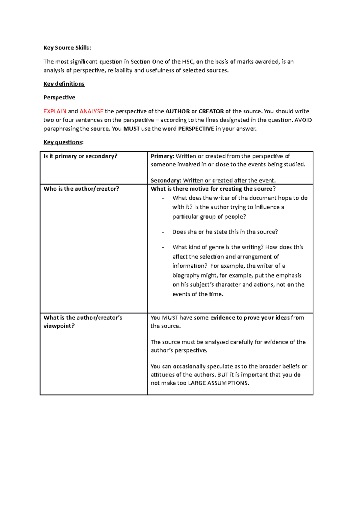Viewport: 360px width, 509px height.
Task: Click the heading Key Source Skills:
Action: (x=67, y=48)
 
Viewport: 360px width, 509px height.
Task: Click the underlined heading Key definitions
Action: (x=64, y=84)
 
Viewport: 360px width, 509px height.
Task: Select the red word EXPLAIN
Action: (x=55, y=111)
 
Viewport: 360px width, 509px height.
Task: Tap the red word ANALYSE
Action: (x=91, y=111)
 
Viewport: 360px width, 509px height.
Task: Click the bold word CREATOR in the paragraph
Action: (x=211, y=111)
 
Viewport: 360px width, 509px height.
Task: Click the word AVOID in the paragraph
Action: (x=303, y=120)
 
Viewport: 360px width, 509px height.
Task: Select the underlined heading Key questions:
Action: (x=63, y=142)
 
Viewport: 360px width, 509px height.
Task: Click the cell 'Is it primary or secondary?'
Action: (x=80, y=156)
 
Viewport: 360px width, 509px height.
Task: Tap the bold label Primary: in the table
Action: (x=162, y=156)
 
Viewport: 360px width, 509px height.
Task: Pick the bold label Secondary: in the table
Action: (x=166, y=180)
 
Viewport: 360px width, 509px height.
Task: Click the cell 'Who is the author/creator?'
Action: (x=81, y=189)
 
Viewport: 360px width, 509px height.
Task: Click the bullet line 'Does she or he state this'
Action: (x=225, y=232)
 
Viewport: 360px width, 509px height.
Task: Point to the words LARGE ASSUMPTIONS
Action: (x=218, y=383)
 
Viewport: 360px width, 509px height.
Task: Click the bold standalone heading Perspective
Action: (x=59, y=97)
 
